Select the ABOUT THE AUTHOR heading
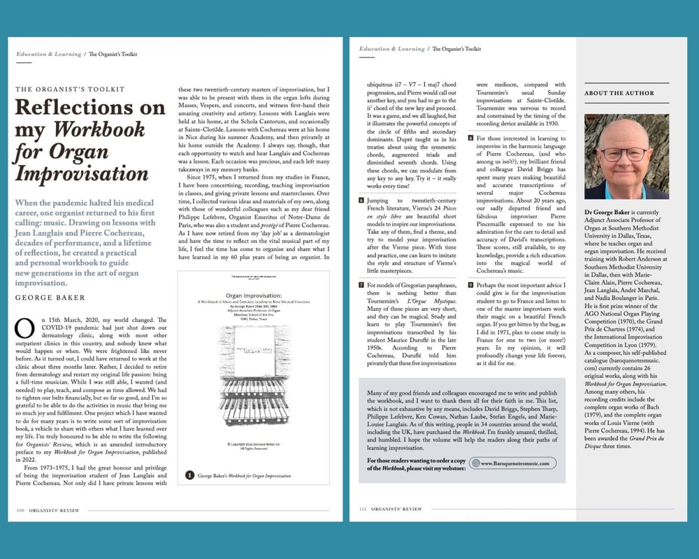coord(619,93)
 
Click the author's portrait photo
coord(626,157)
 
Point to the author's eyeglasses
coord(624,154)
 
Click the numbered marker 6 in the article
coord(361,201)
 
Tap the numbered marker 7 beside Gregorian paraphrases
coord(361,286)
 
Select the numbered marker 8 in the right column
coord(471,138)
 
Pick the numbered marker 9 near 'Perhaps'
coord(471,286)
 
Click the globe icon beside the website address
coord(475,463)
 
